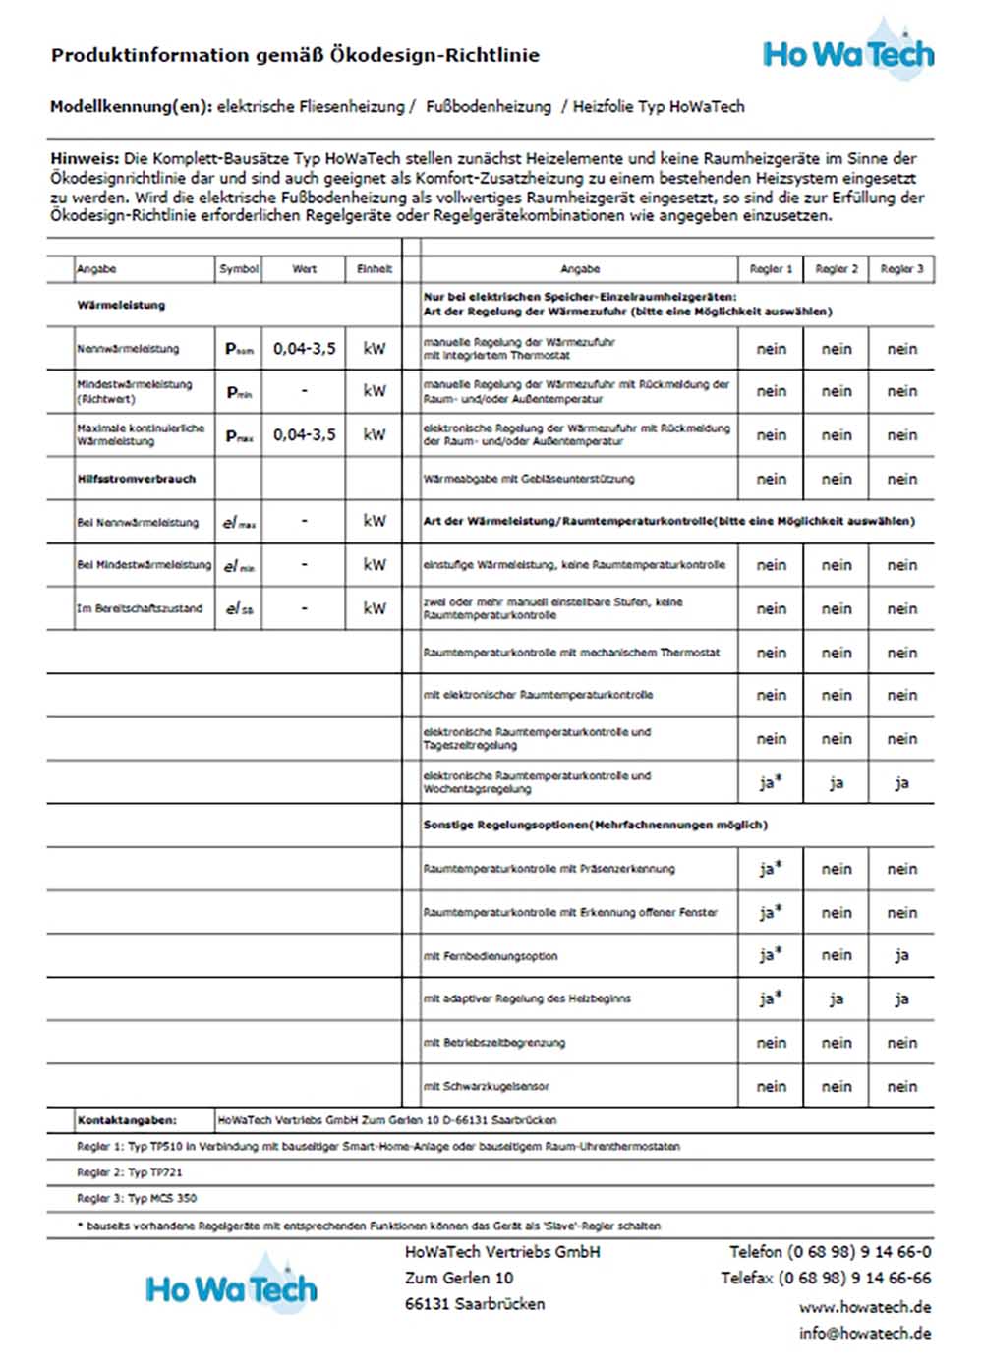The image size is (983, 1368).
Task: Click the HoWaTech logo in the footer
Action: point(232,1287)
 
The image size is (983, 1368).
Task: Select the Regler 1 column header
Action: point(771,269)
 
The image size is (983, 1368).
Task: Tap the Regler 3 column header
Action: point(901,269)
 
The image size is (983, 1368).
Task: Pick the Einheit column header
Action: point(375,269)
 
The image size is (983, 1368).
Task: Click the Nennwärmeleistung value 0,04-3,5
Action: point(304,349)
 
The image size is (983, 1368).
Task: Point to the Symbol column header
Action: point(239,269)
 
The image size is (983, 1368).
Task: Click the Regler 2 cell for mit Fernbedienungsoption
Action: point(837,955)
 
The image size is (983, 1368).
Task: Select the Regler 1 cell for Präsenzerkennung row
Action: point(771,869)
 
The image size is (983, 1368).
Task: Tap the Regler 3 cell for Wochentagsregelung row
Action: point(901,783)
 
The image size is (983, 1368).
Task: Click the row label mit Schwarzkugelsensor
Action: point(486,1087)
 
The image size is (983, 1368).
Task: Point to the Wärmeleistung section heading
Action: point(121,306)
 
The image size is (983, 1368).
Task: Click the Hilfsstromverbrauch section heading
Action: point(137,480)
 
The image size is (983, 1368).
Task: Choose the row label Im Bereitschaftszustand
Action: point(140,609)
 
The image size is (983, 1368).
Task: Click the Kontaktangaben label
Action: point(127,1120)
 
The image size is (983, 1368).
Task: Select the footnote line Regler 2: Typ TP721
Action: point(130,1172)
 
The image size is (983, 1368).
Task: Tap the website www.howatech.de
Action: point(865,1308)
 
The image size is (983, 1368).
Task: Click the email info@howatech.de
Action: point(865,1334)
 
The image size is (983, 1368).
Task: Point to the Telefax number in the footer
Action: point(826,1279)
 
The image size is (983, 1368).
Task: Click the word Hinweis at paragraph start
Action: point(85,159)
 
